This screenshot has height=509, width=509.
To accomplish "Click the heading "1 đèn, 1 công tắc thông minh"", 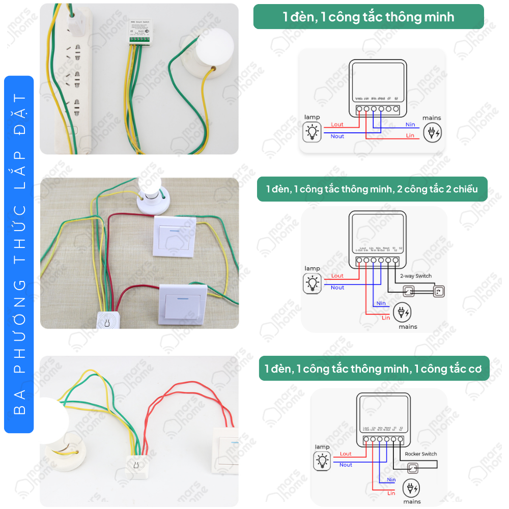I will point(369,17).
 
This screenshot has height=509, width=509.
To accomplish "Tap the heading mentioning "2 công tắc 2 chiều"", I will point(372,189).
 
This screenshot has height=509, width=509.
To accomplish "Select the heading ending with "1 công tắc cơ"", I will point(374,368).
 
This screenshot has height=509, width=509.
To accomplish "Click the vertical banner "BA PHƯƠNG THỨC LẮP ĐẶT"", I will point(19,254).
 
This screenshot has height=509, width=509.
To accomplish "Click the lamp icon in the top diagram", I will point(312,132).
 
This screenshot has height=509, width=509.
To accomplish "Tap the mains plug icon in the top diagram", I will point(432,133).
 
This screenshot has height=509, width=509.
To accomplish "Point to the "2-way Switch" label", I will point(415,276).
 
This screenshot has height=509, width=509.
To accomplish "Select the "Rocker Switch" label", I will point(420,454).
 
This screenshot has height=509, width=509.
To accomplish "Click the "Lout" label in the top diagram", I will point(337,124).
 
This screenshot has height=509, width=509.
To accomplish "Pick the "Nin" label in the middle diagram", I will point(381,303).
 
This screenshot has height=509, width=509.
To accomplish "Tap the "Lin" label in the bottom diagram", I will point(391,493).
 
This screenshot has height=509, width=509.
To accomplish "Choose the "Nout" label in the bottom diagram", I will point(346,465).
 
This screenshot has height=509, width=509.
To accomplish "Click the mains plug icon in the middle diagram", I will point(402,312).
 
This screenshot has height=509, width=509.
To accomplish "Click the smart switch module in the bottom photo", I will point(137,465).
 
